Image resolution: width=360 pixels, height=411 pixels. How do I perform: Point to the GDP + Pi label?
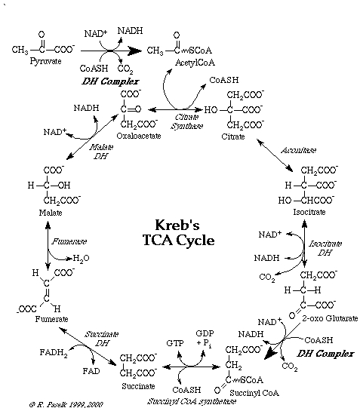(x=205, y=338)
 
